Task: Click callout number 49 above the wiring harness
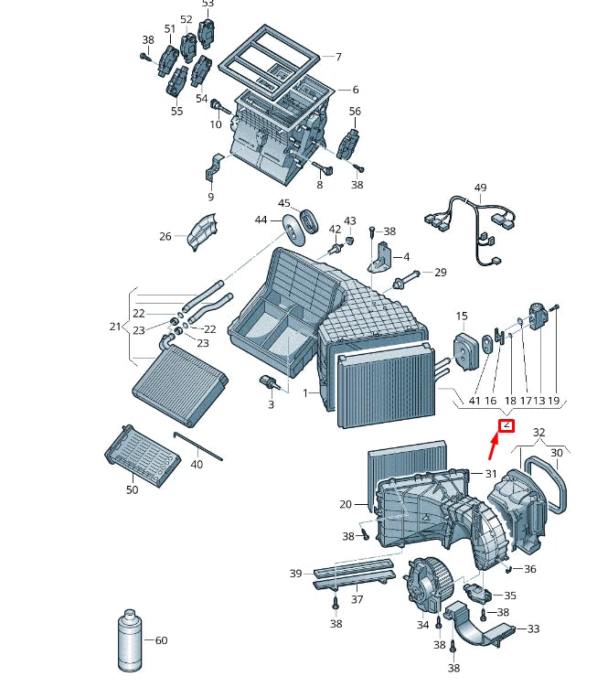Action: (480, 188)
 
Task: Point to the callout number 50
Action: (132, 490)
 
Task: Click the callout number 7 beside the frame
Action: (338, 57)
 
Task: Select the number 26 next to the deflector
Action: (165, 236)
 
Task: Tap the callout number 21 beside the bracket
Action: (113, 328)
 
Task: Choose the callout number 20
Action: (346, 505)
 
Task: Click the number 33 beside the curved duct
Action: (533, 628)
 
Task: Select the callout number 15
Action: (462, 317)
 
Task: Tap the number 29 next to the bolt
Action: (440, 273)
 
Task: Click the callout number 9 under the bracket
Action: (210, 197)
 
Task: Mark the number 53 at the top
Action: (208, 5)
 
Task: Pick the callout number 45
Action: (284, 203)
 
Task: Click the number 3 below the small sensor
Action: (271, 403)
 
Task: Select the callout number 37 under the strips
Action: (357, 600)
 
